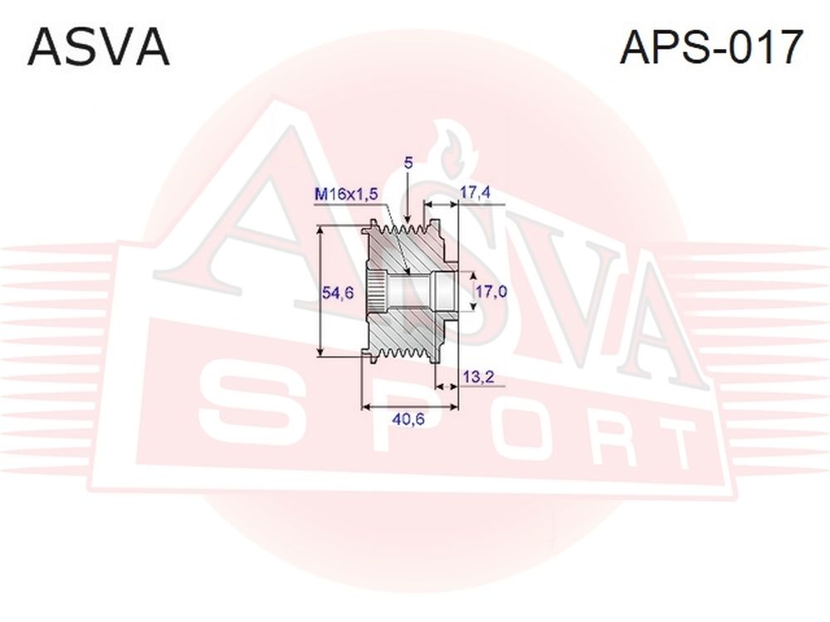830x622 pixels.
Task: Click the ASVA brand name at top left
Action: click(x=99, y=47)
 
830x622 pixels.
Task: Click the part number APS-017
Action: click(x=711, y=47)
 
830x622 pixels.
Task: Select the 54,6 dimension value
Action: click(x=339, y=293)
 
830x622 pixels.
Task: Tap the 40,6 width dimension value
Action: click(x=408, y=419)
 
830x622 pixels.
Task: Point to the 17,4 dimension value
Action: click(x=475, y=192)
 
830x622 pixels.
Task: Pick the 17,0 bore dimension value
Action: click(x=491, y=291)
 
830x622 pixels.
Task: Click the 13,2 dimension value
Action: click(x=478, y=377)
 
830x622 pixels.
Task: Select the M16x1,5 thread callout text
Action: click(x=346, y=195)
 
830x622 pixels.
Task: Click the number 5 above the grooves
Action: click(x=408, y=163)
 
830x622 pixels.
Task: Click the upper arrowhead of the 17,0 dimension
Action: click(x=473, y=277)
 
